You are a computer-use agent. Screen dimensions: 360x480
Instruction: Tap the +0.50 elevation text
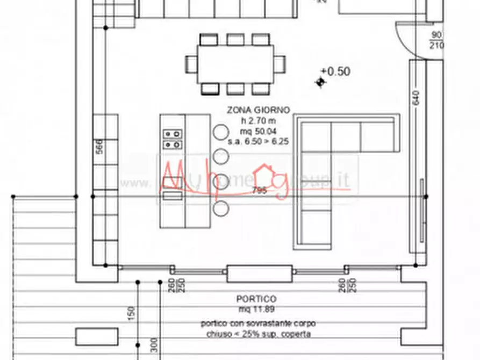(x=336, y=71)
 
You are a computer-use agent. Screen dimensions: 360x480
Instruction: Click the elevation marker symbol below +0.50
(x=320, y=82)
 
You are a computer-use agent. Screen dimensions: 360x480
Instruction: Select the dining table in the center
(x=235, y=63)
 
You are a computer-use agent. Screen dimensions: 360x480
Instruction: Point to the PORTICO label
(x=256, y=299)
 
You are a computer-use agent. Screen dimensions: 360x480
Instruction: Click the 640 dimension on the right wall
(x=417, y=97)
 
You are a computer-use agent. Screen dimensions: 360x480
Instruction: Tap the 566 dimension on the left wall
(x=99, y=147)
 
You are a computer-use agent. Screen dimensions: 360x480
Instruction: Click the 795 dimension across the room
(x=259, y=190)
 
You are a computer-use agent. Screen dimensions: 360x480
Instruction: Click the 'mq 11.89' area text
(x=256, y=309)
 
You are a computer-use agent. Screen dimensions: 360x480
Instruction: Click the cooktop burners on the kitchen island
(x=173, y=139)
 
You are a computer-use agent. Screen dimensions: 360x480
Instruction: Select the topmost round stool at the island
(x=220, y=131)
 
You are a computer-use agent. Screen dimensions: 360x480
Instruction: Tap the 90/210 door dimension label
(x=436, y=41)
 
